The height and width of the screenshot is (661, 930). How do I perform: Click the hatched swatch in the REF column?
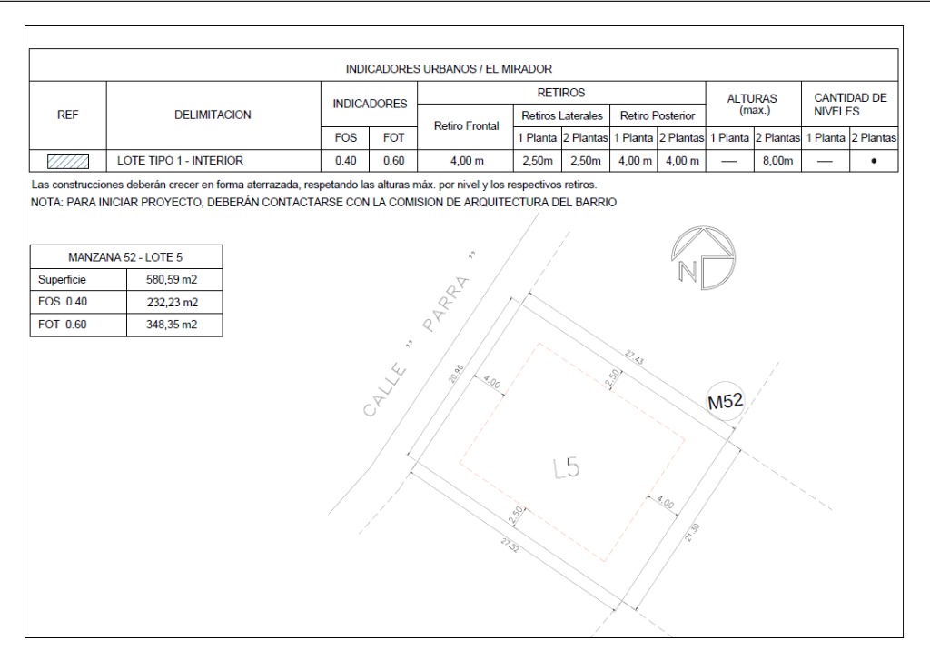click(67, 161)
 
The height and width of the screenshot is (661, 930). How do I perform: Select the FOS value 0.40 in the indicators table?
click(345, 161)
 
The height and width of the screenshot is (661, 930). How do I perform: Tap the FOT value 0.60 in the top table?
click(393, 161)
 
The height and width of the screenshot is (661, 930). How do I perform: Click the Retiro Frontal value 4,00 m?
click(467, 161)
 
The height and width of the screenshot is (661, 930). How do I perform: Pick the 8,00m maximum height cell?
click(777, 161)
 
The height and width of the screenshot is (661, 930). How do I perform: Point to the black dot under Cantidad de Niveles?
click(874, 161)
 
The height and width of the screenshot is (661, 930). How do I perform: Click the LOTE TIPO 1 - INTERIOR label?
click(181, 161)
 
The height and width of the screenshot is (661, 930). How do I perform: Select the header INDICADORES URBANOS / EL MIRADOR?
click(449, 69)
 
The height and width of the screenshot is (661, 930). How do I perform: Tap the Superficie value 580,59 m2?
click(172, 280)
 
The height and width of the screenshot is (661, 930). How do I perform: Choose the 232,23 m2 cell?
click(172, 302)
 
